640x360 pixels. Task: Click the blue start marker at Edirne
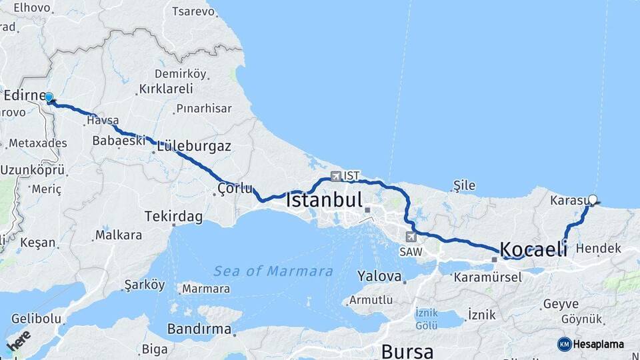49,97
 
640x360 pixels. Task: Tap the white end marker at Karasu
593,199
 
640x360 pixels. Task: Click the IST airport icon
335,177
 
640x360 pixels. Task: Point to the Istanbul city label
325,200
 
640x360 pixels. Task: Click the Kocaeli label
533,249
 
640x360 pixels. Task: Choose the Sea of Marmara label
273,271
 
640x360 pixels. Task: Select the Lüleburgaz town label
194,146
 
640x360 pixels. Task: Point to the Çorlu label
233,189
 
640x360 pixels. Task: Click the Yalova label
379,275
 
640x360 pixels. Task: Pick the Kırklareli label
166,89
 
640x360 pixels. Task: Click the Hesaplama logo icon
564,344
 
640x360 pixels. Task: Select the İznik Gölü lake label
426,318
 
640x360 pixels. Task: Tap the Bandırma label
199,329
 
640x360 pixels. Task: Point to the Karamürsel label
487,277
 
